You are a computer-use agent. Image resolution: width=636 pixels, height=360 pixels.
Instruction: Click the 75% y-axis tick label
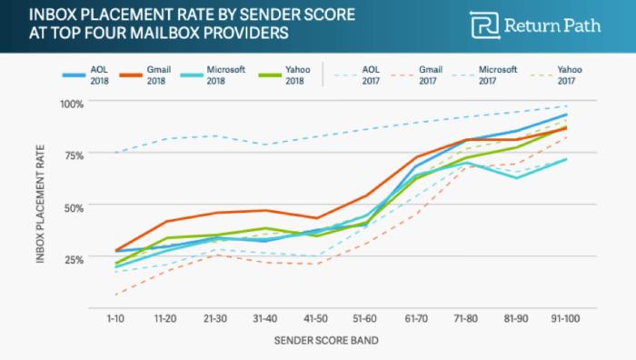click(x=73, y=155)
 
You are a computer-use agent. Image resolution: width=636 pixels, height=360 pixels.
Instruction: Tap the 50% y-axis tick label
click(x=73, y=206)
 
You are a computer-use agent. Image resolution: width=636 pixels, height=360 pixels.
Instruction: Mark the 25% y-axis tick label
click(x=73, y=258)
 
